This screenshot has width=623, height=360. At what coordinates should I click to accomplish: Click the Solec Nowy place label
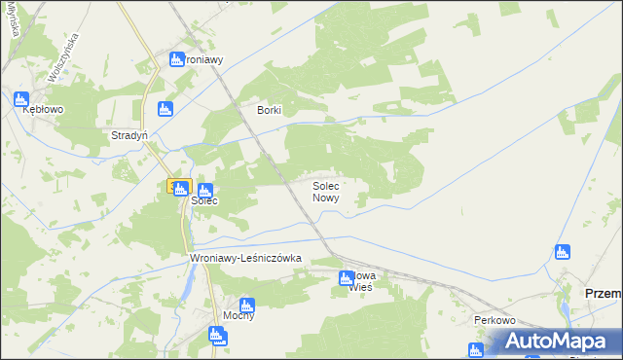coord(325,191)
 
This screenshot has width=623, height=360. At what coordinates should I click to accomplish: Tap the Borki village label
coord(269,111)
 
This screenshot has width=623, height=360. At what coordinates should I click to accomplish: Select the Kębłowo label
coord(43,110)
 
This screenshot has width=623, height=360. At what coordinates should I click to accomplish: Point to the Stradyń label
coord(128,136)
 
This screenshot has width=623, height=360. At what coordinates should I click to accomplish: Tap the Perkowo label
coord(494,320)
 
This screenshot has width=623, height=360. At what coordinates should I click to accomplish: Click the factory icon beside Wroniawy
coord(177,59)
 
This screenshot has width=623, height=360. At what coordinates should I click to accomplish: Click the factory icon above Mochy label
coord(246,305)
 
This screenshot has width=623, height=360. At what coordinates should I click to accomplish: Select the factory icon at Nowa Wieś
coord(346,279)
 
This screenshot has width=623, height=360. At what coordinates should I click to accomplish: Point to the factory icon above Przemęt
coord(561,253)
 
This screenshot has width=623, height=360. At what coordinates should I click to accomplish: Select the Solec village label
coord(203,201)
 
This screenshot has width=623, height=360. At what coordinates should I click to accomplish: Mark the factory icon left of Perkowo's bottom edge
coord(475,349)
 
